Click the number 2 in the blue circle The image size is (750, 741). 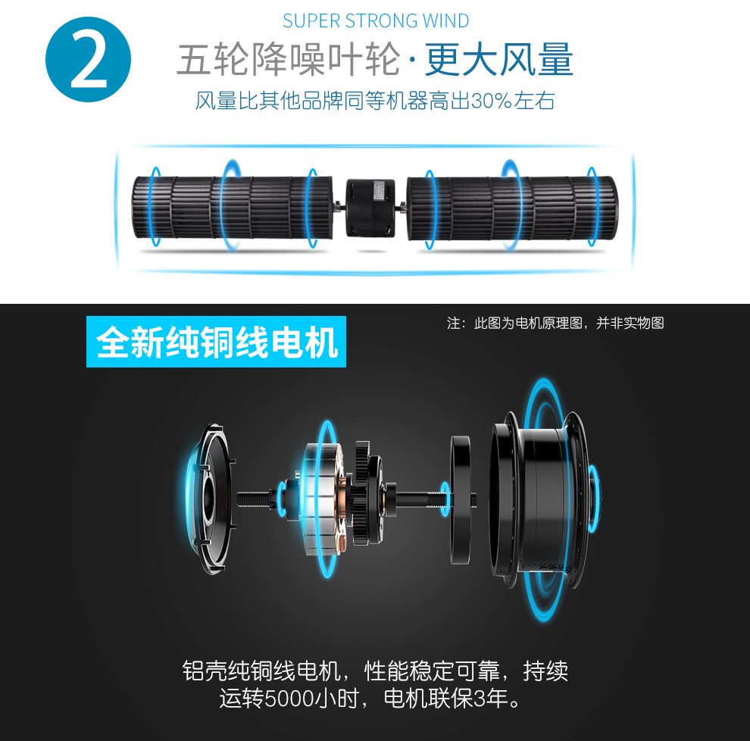coord(89,61)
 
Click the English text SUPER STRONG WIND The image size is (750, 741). coord(376,21)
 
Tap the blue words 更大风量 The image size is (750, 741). coord(499,60)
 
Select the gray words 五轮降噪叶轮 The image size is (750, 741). coord(289,60)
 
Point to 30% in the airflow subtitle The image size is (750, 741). coord(491,101)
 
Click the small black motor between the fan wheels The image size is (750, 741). coord(370,208)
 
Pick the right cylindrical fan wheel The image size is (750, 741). coord(512,208)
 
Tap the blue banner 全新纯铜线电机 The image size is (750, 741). coord(216,342)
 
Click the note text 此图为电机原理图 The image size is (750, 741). coord(528,324)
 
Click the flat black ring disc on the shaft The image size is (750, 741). coord(460,499)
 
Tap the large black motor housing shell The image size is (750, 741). coord(539,500)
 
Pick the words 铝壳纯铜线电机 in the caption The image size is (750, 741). coord(261,671)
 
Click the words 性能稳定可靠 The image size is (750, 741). coord(432,671)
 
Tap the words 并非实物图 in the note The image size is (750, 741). coord(630,324)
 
